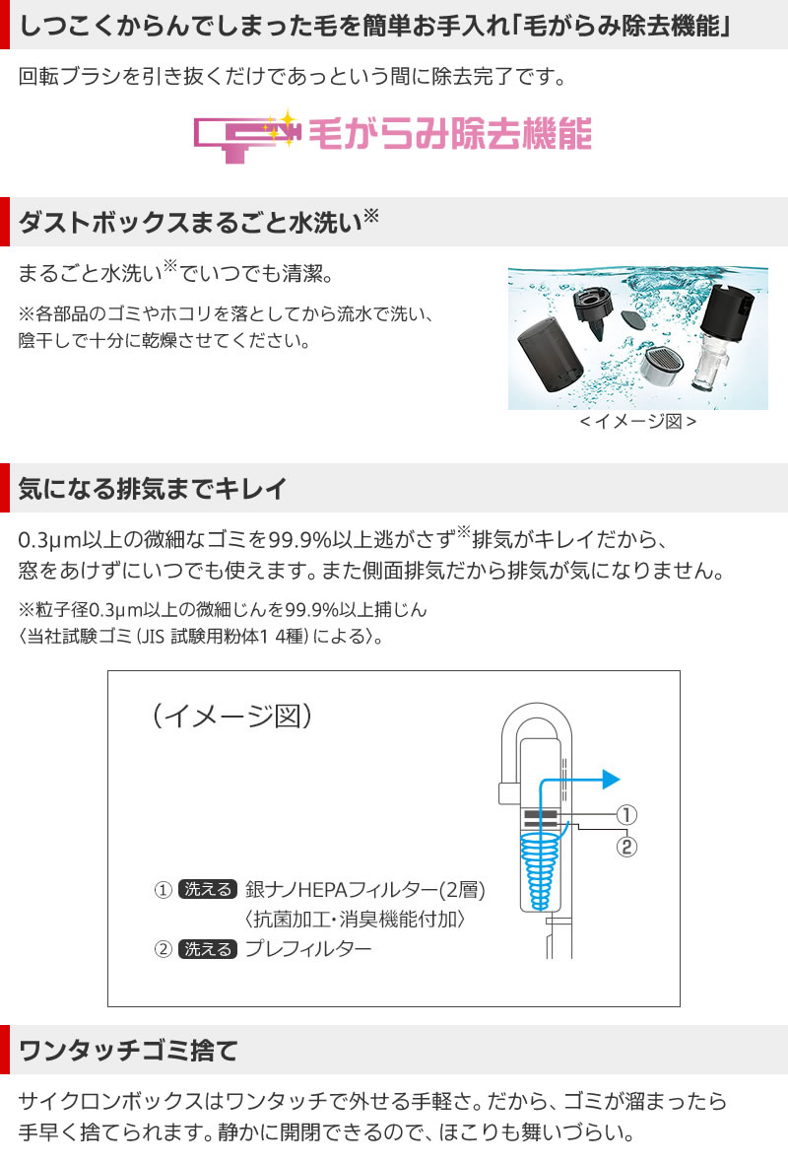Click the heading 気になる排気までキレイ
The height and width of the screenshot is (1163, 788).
[x=153, y=488]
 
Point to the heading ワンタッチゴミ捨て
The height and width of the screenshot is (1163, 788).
[x=129, y=1050]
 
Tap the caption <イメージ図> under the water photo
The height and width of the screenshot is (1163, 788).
[x=637, y=421]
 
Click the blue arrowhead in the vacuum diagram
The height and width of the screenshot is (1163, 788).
[x=610, y=778]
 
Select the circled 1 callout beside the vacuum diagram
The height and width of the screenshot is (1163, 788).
[x=626, y=815]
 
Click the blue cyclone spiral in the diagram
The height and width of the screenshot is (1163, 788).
[x=539, y=867]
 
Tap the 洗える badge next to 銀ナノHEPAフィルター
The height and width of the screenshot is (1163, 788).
[x=207, y=889]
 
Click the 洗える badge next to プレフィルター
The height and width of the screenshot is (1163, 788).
[x=207, y=949]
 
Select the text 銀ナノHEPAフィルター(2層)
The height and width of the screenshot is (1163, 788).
[x=364, y=889]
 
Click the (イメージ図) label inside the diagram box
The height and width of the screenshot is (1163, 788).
[x=232, y=715]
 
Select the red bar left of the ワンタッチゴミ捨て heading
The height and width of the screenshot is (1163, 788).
[x=5, y=1050]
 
